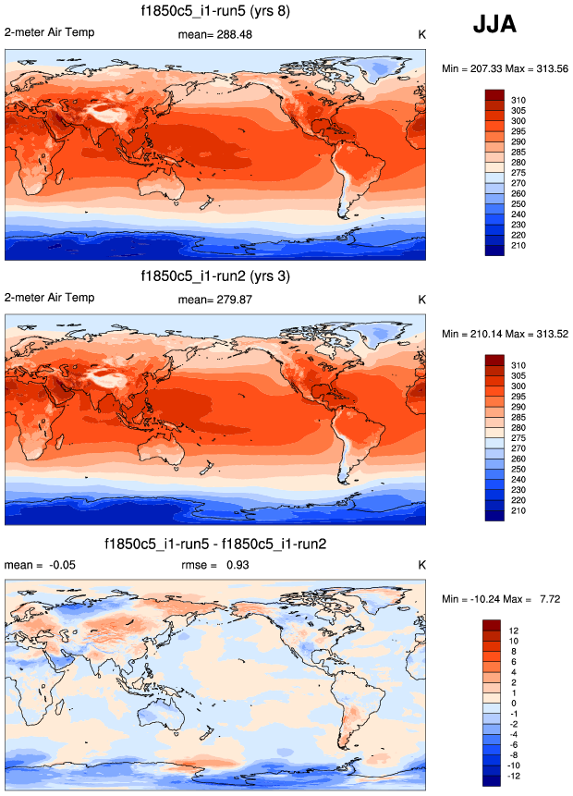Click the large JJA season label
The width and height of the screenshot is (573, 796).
494,26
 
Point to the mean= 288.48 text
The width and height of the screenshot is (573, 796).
214,35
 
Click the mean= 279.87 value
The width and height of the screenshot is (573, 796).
214,300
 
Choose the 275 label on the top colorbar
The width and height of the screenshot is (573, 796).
519,173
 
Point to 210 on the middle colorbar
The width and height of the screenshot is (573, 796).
519,510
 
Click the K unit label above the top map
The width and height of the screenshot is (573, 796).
421,35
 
